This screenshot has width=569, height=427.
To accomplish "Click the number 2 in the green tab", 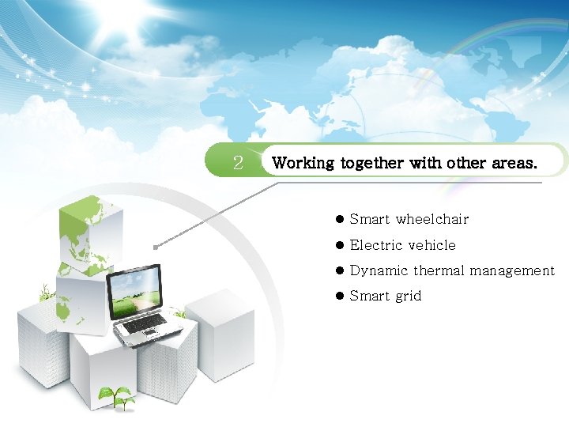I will tap(237, 163).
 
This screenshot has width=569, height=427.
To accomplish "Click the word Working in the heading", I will tap(303, 164).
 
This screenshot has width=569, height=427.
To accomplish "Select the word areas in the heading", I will tap(514, 164).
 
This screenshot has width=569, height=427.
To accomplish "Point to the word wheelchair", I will tap(432, 219).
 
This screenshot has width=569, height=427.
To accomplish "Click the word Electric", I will tap(374, 245).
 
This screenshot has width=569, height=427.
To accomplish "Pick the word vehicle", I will tap(431, 245).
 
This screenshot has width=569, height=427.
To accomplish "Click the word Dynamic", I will tap(379, 270).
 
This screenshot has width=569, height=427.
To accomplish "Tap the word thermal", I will tap(439, 270).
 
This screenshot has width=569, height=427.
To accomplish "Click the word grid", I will tap(408, 297).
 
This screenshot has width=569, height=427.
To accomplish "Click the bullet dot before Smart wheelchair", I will tap(340, 219).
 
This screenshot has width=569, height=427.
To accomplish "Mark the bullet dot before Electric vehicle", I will tap(340, 245).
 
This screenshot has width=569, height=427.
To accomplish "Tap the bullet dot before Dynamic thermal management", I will tap(340, 270).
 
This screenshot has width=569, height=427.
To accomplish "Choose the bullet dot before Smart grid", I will tap(340, 297).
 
